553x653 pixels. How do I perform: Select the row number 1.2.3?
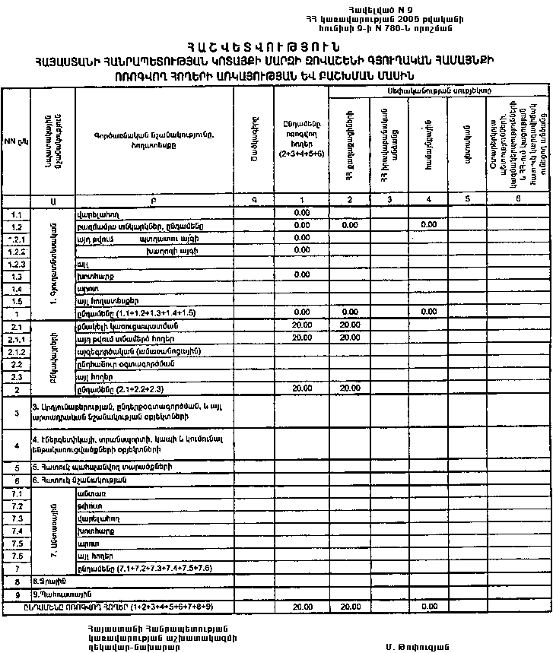[x=16, y=264]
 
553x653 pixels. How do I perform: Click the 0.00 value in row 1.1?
[x=300, y=214]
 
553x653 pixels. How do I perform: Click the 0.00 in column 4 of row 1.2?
[x=428, y=226]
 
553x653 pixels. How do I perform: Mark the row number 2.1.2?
[x=16, y=351]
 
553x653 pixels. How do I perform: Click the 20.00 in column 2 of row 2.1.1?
[x=349, y=338]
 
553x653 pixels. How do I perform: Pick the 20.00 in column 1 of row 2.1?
[x=300, y=325]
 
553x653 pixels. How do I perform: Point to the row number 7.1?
[x=16, y=493]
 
